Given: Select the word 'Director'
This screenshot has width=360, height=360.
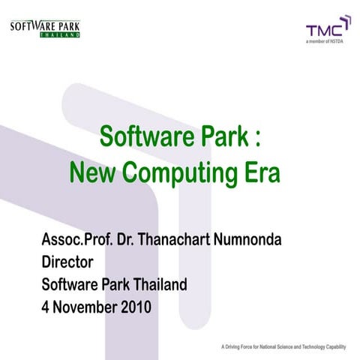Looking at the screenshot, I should tap(68, 264).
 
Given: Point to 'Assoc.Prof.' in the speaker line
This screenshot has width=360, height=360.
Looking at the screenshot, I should tap(78, 244).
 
